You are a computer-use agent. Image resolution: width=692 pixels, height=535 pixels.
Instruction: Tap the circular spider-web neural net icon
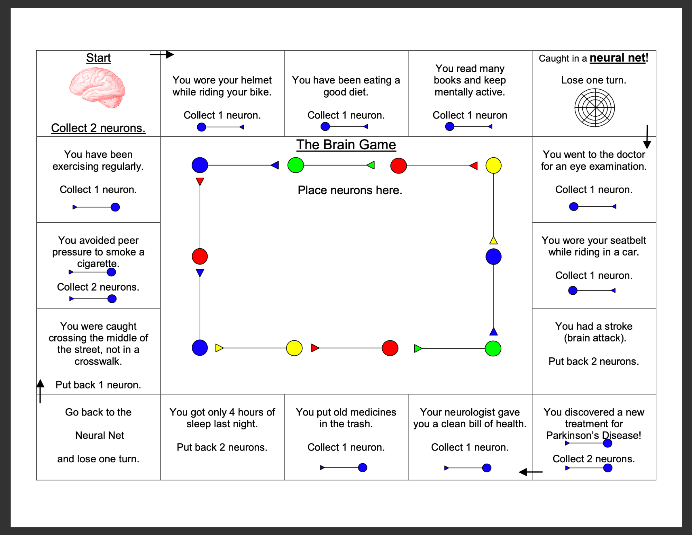click(595, 108)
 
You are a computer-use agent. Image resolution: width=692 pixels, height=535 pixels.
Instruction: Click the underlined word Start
click(98, 58)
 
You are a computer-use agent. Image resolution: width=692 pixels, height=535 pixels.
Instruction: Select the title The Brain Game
click(346, 145)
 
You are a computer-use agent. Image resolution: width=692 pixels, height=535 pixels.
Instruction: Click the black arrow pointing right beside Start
click(162, 54)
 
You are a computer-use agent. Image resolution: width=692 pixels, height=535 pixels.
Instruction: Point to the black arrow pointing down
click(647, 137)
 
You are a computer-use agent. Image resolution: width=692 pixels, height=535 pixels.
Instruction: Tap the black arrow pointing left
click(531, 472)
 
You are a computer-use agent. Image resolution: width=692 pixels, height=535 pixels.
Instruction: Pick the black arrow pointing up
click(40, 391)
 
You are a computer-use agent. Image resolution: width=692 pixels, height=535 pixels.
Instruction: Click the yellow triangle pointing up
click(493, 240)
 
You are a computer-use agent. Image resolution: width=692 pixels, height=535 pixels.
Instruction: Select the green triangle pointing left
click(371, 165)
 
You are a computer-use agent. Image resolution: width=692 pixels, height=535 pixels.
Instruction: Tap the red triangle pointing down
click(200, 181)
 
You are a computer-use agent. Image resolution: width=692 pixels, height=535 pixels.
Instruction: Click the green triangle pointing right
click(418, 348)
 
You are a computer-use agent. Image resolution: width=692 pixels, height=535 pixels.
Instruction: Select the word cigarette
click(97, 264)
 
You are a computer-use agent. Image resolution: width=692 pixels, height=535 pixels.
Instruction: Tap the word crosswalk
click(98, 362)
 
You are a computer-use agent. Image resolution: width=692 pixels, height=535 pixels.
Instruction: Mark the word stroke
click(618, 326)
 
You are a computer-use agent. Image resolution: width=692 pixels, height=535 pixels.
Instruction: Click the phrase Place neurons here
click(350, 190)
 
